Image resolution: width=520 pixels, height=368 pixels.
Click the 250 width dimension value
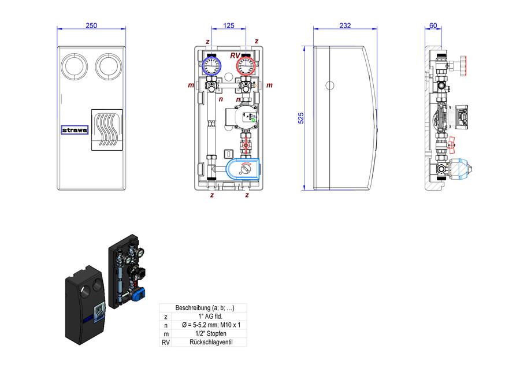pyautogui.click(x=91, y=25)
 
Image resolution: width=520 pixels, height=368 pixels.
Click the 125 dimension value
pyautogui.click(x=228, y=25)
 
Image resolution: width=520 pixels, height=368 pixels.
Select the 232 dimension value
pyautogui.click(x=345, y=25)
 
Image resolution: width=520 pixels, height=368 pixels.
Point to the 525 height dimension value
pyautogui.click(x=301, y=118)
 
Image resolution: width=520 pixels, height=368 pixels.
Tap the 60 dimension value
pyautogui.click(x=433, y=25)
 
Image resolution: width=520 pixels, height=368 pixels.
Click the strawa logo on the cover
pyautogui.click(x=75, y=130)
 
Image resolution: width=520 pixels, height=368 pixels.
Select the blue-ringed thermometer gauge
pyautogui.click(x=211, y=66)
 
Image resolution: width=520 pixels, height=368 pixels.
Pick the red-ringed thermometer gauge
pyautogui.click(x=246, y=66)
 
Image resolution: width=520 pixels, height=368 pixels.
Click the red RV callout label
pyautogui.click(x=235, y=55)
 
